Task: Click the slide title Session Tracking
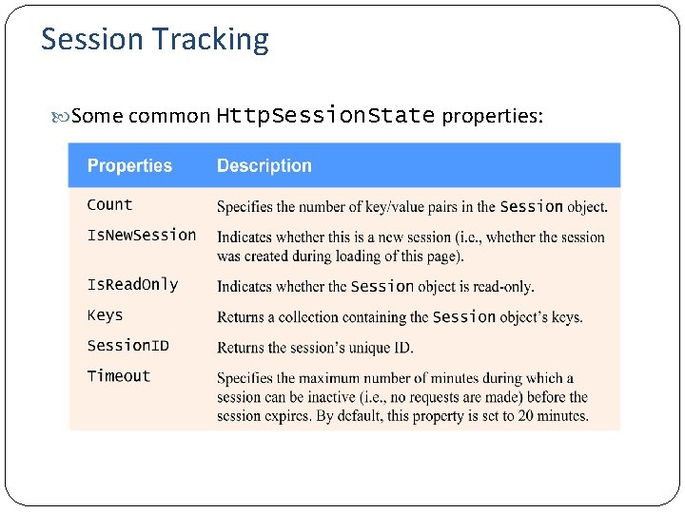(155, 40)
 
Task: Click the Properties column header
(129, 166)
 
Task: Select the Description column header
(264, 166)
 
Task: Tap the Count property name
(109, 205)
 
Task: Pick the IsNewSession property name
(141, 236)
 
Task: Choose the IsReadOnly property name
(132, 285)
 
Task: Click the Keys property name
(105, 315)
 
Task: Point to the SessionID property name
(127, 346)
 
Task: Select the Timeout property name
(119, 376)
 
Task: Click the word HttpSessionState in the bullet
(325, 116)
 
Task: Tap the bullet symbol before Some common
(63, 117)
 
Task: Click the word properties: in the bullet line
(493, 117)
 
